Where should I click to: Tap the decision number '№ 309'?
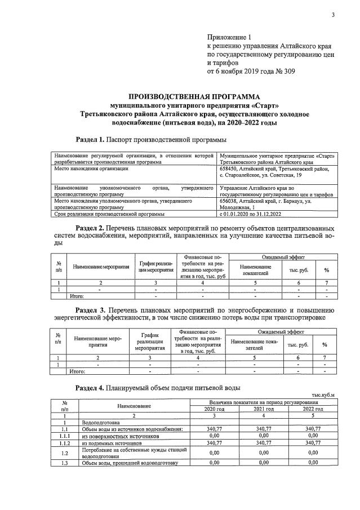click(x=283, y=72)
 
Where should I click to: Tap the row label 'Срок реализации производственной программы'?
click(x=109, y=214)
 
